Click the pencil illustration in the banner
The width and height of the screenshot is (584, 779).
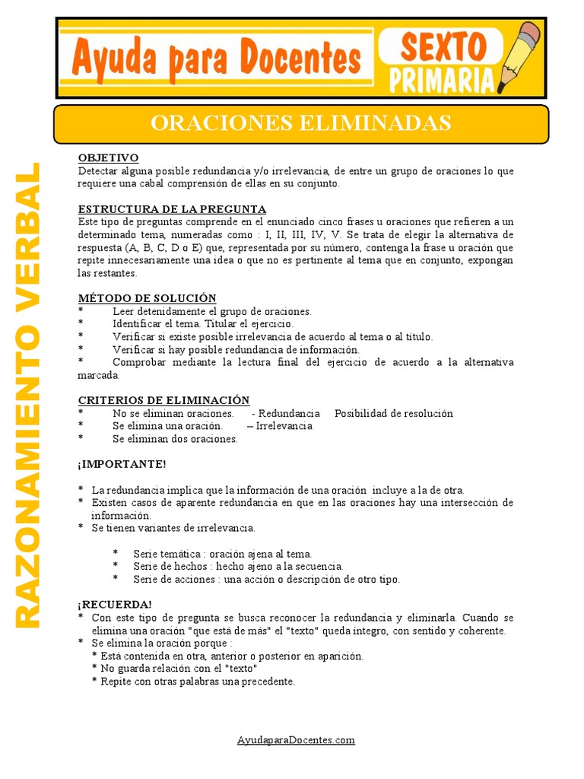pyautogui.click(x=520, y=57)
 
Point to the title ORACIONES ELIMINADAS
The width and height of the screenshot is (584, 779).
pyautogui.click(x=300, y=122)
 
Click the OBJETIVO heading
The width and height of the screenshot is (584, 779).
pyautogui.click(x=108, y=158)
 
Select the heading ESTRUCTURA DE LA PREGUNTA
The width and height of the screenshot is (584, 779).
pyautogui.click(x=172, y=209)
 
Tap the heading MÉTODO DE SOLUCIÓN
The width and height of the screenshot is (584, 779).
pyautogui.click(x=147, y=298)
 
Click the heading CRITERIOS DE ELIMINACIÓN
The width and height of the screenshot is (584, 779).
pyautogui.click(x=163, y=400)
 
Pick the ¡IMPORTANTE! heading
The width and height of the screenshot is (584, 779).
pyautogui.click(x=121, y=464)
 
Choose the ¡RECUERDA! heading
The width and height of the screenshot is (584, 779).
pyautogui.click(x=115, y=604)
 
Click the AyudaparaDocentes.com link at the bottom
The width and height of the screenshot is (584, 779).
pyautogui.click(x=296, y=739)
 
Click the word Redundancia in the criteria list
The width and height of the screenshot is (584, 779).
pyautogui.click(x=290, y=414)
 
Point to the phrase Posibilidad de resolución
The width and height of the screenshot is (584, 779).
pyautogui.click(x=393, y=414)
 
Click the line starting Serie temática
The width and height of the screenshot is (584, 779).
pyautogui.click(x=222, y=554)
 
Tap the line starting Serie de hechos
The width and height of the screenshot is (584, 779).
pyautogui.click(x=238, y=567)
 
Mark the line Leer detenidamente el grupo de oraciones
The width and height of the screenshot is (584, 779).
pyautogui.click(x=212, y=311)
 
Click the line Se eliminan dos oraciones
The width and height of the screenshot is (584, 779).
pyautogui.click(x=175, y=439)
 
